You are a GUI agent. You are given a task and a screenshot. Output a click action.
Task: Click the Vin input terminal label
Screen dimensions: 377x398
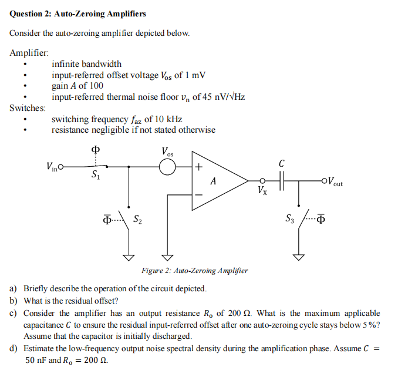(x=51, y=167)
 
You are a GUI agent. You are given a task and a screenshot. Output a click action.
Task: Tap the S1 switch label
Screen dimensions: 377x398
(x=95, y=176)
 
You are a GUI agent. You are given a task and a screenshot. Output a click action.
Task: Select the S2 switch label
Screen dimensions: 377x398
(x=137, y=220)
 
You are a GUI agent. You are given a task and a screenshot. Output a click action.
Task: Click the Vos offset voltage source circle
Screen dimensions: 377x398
(x=168, y=167)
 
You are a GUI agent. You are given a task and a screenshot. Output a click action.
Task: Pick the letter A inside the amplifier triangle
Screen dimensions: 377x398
(x=213, y=181)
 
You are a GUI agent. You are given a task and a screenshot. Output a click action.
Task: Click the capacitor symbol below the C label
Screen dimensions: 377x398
(x=283, y=181)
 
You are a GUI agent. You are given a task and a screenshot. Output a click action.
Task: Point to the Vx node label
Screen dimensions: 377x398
(x=261, y=191)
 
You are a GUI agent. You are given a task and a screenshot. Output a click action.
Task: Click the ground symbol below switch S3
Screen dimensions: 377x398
(x=299, y=257)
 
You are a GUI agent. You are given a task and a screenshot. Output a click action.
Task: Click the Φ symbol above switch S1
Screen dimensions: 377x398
(x=93, y=149)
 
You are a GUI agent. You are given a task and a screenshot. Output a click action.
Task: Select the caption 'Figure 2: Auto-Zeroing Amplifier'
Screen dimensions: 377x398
(x=194, y=271)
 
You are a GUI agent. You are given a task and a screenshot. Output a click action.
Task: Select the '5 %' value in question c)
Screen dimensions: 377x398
(x=370, y=325)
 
